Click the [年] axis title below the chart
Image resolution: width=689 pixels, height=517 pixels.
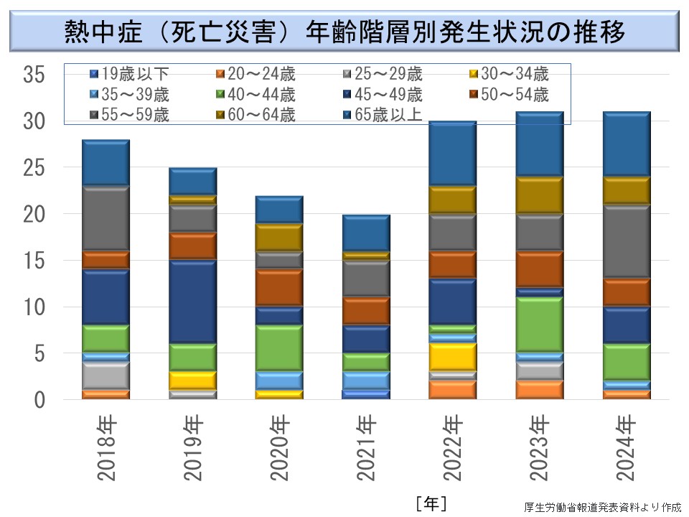pos(431,503)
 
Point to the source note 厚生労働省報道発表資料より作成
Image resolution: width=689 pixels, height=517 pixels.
pos(602,506)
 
